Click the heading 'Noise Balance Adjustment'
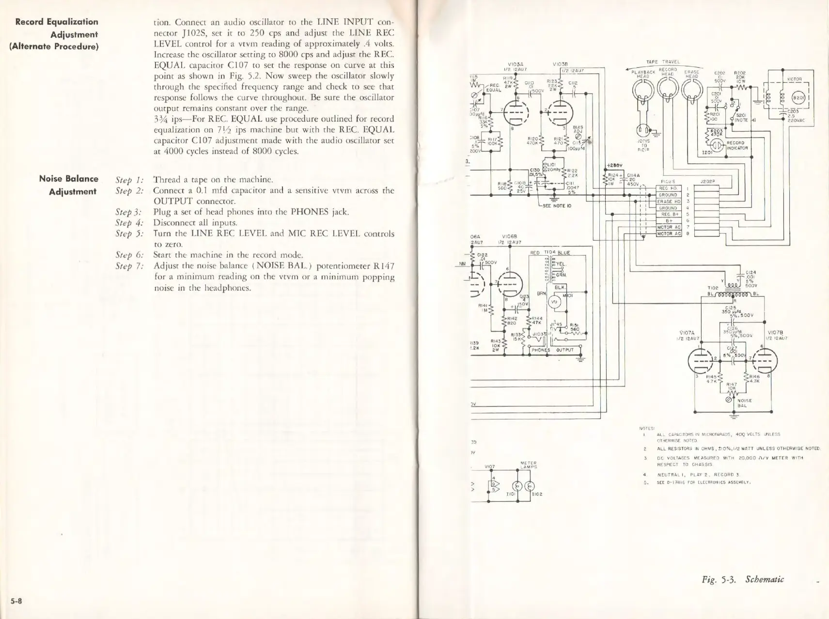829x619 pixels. point(68,185)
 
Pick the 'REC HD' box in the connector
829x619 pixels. point(668,188)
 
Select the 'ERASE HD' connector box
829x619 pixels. point(668,201)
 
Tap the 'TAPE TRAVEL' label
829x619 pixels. point(663,62)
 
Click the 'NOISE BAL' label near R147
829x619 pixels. point(744,403)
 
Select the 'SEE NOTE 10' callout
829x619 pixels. point(557,205)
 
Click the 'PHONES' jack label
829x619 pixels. point(541,350)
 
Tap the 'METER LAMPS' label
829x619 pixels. point(528,464)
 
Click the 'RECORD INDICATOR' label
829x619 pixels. point(737,145)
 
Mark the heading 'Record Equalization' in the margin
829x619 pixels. point(57,22)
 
